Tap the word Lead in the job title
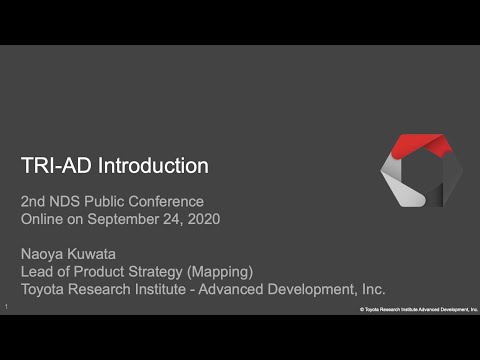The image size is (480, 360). pos(38,271)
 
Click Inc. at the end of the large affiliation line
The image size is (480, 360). pos(372,289)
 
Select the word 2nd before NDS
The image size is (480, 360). pos(35,201)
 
